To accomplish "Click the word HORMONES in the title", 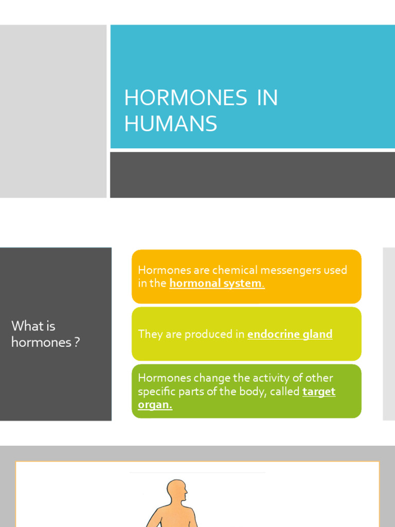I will (x=186, y=98).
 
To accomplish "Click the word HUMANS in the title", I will (x=170, y=124).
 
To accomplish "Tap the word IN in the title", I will (x=267, y=98).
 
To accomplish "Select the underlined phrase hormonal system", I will (x=216, y=284).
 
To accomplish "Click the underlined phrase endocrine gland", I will (x=290, y=335).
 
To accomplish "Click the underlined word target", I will (x=319, y=392).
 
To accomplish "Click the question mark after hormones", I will (x=77, y=342).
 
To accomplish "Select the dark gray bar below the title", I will (x=252, y=174).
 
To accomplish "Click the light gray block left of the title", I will (x=53, y=111).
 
